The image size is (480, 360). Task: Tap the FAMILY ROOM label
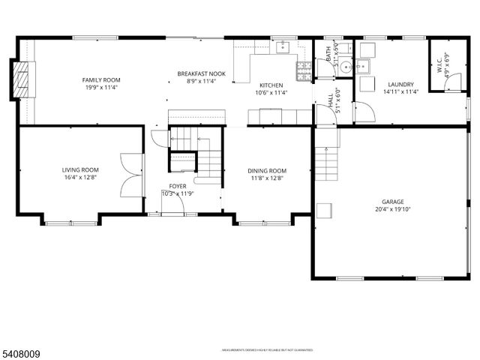click(x=101, y=79)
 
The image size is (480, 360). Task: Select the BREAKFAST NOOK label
click(x=201, y=73)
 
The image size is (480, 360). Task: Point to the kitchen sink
click(x=283, y=48)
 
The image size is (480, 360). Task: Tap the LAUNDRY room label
click(x=401, y=85)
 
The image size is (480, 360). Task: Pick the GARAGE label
click(x=393, y=202)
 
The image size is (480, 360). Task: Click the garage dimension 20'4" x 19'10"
click(x=393, y=210)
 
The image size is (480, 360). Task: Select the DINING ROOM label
click(x=267, y=171)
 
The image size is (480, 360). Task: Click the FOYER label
click(x=178, y=186)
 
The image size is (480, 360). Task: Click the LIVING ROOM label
click(x=80, y=169)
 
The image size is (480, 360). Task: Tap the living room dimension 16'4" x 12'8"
click(x=80, y=178)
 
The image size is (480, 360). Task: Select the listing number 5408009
click(x=20, y=349)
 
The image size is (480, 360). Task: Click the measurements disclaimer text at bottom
click(x=266, y=349)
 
